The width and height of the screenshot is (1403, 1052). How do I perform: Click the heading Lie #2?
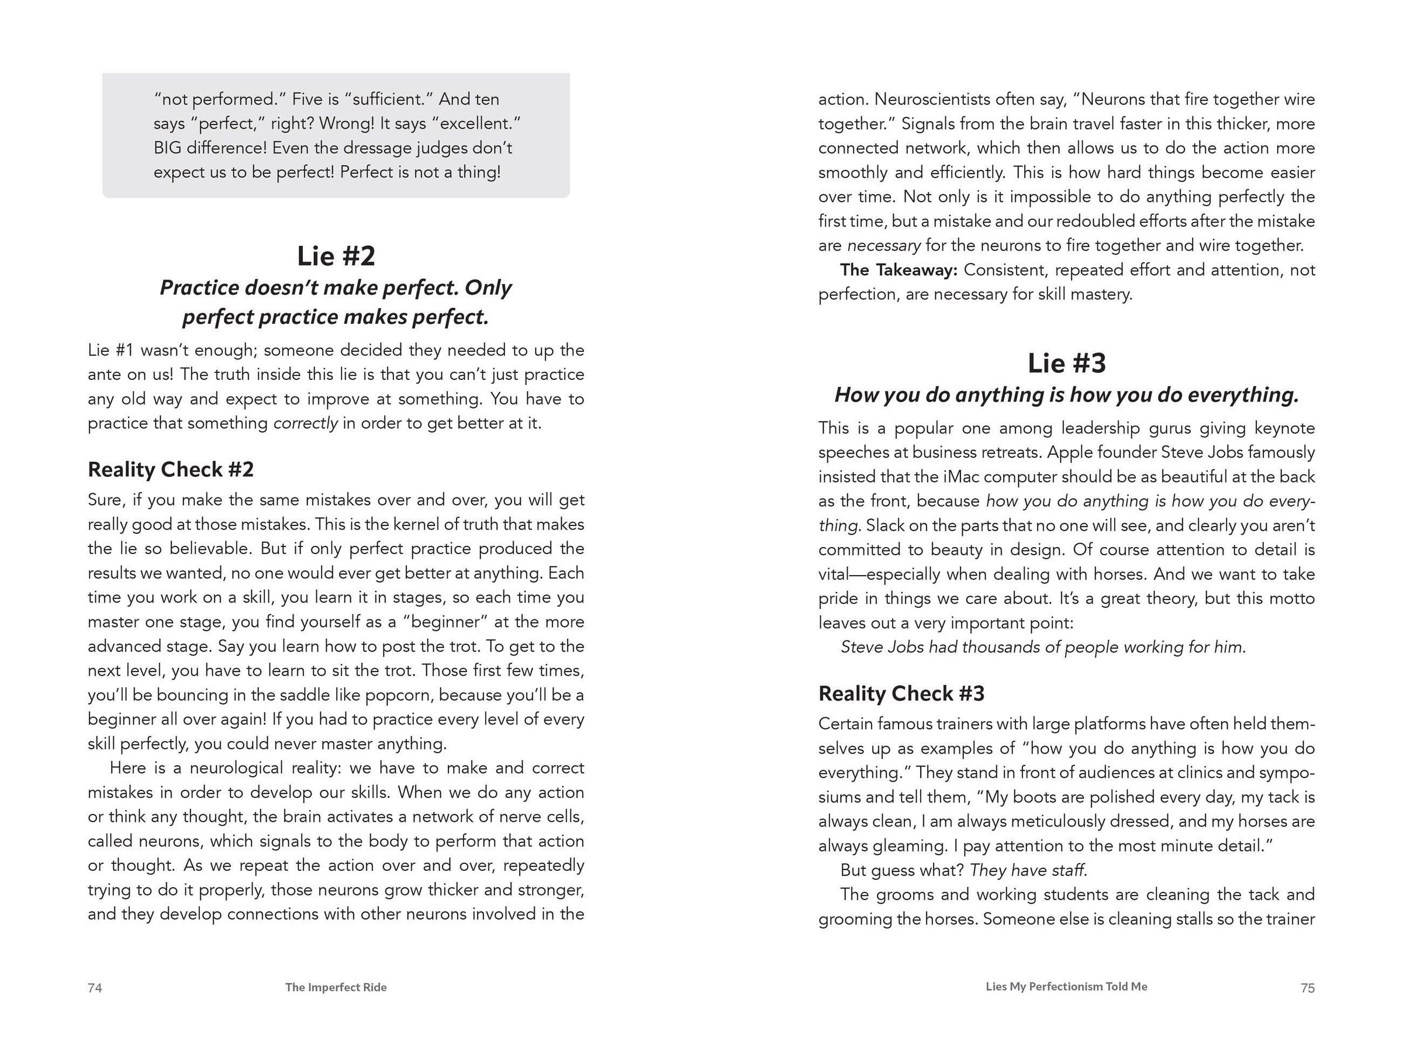[336, 256]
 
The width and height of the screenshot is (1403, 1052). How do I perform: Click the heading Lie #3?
[1066, 364]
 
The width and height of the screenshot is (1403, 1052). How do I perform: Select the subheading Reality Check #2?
[171, 469]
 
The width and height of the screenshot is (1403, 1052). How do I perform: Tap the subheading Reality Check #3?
[901, 693]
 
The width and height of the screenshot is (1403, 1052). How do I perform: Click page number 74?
[95, 987]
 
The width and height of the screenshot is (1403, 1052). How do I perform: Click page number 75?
[1307, 987]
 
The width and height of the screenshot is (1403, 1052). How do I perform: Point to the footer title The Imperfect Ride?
[336, 987]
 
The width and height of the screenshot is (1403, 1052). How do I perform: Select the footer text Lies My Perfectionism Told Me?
[1066, 986]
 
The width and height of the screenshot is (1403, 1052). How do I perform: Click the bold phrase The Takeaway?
[898, 270]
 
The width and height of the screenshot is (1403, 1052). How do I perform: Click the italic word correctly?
[305, 423]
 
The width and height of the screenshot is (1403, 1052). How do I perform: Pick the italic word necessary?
[883, 245]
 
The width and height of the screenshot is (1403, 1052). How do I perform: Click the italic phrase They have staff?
[1028, 870]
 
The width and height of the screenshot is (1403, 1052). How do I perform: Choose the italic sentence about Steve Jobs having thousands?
[1043, 647]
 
